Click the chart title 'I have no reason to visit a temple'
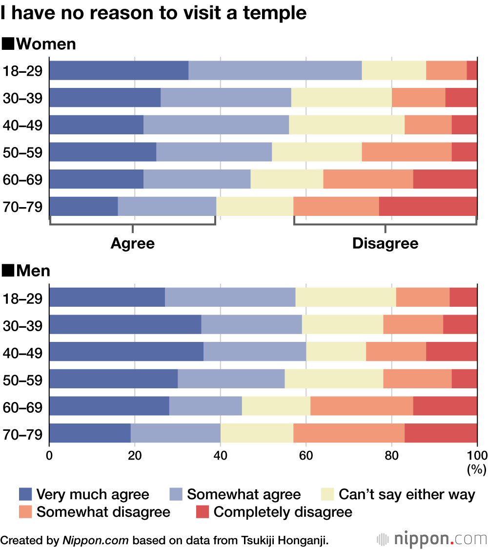(154, 13)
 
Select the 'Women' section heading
(39, 44)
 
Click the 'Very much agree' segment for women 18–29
(119, 71)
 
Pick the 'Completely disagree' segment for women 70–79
(428, 206)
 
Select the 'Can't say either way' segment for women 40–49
(346, 125)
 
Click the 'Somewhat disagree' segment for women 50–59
(407, 152)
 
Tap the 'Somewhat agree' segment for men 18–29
(230, 297)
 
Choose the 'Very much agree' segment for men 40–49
(126, 352)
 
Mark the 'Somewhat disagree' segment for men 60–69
(362, 406)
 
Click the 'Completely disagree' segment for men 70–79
(441, 433)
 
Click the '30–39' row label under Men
(22, 325)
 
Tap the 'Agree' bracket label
(132, 243)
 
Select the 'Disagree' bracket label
(385, 243)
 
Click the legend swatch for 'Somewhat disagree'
(25, 512)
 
